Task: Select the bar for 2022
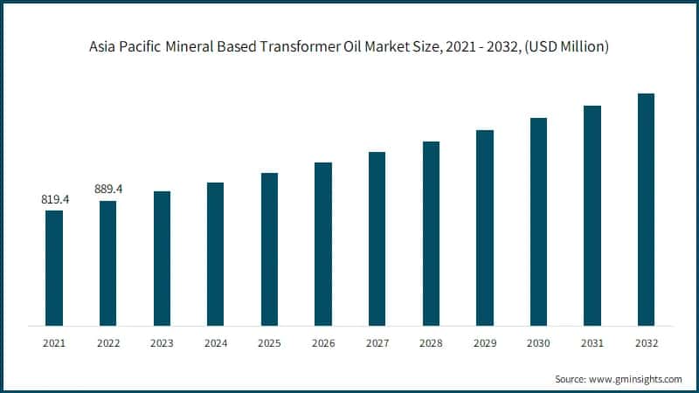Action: (x=107, y=263)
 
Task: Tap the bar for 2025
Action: (x=269, y=249)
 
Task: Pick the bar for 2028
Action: (x=431, y=233)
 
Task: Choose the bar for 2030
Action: (x=538, y=222)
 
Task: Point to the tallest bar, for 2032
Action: (x=646, y=210)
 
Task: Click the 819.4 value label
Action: (x=54, y=200)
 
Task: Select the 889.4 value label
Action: (x=107, y=189)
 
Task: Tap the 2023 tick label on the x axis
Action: (x=162, y=343)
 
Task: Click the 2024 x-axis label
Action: (x=215, y=343)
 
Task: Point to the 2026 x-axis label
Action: (x=323, y=343)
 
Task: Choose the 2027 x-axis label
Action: (x=377, y=343)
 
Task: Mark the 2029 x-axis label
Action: (x=484, y=343)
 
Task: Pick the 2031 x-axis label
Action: (x=592, y=343)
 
